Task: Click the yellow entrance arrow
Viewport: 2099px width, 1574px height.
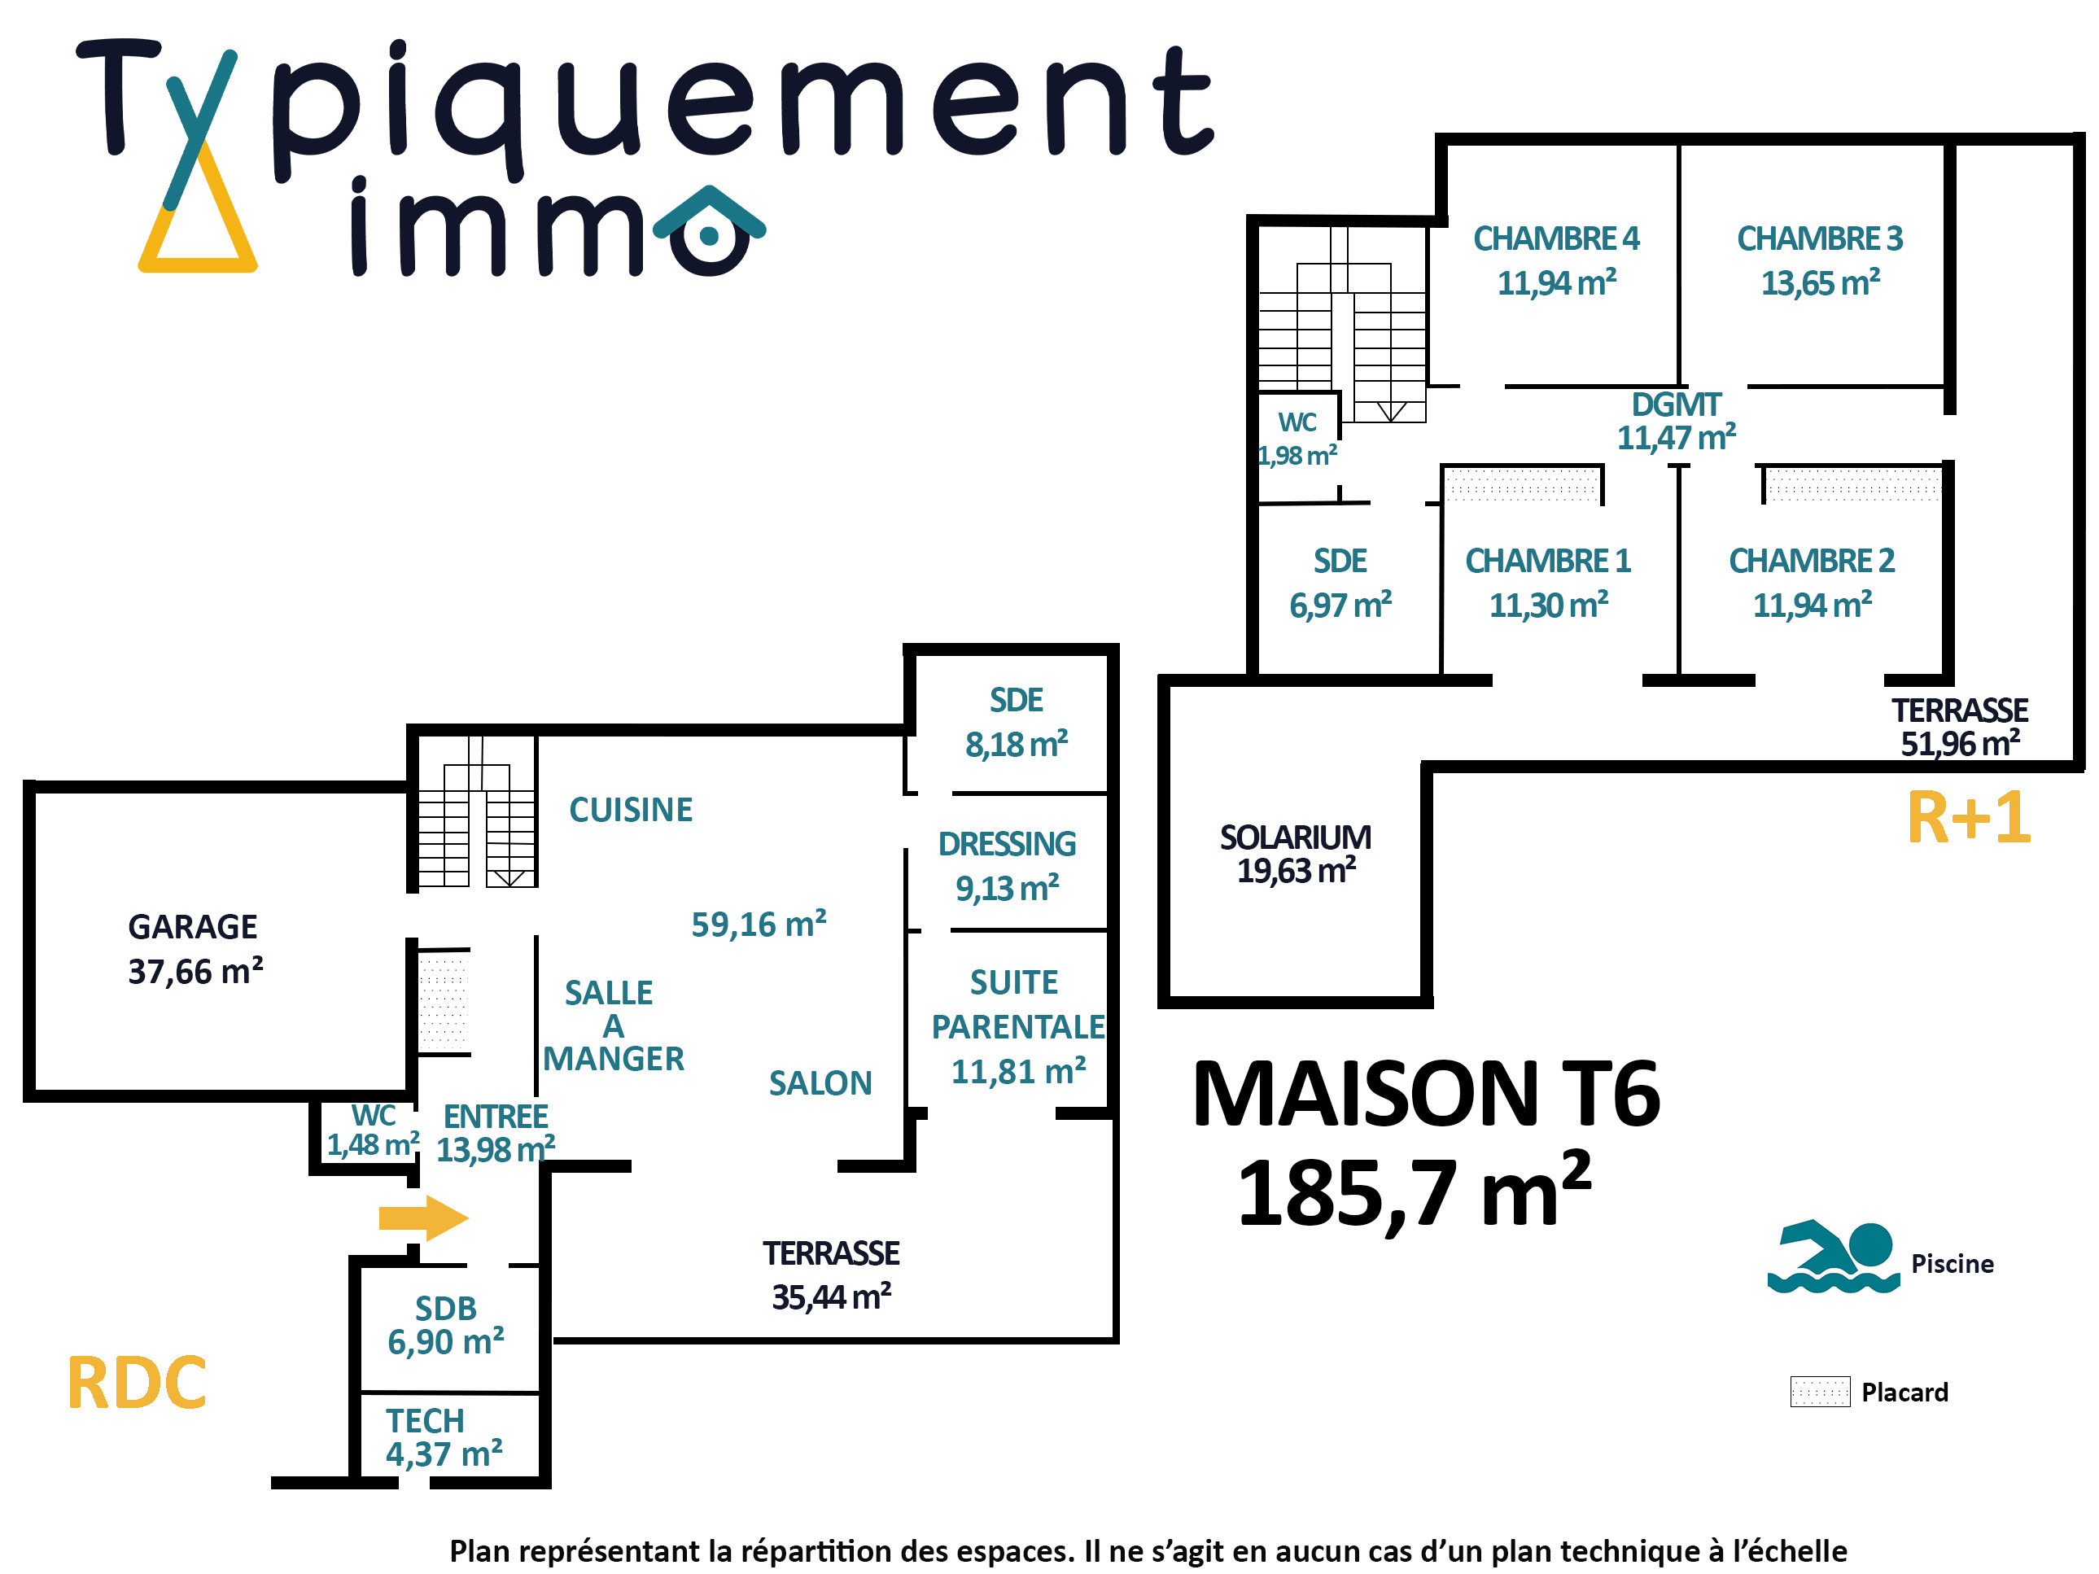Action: point(423,1218)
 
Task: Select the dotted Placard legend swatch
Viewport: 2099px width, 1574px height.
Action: point(1820,1391)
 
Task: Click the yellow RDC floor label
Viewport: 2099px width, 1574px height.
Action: point(137,1383)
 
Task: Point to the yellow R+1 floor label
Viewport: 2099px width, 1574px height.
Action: point(1969,817)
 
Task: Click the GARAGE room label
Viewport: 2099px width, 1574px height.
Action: point(193,926)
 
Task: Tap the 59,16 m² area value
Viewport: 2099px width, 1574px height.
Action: point(759,923)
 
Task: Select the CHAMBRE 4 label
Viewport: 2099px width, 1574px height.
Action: point(1556,238)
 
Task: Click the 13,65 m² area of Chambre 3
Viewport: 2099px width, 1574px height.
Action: point(1820,282)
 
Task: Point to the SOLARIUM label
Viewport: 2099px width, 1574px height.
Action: point(1295,837)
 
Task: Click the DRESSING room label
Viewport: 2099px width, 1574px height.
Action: point(1007,843)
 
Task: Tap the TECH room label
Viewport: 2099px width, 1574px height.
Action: point(424,1420)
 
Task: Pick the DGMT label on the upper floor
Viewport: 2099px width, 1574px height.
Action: point(1676,404)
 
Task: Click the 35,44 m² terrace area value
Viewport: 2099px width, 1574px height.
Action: point(831,1296)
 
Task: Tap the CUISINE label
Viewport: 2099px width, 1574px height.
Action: point(631,809)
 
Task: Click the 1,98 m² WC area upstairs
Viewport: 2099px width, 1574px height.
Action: point(1297,456)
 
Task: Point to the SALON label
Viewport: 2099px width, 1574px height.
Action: point(820,1082)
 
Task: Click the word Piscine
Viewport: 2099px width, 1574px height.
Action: point(1952,1264)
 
